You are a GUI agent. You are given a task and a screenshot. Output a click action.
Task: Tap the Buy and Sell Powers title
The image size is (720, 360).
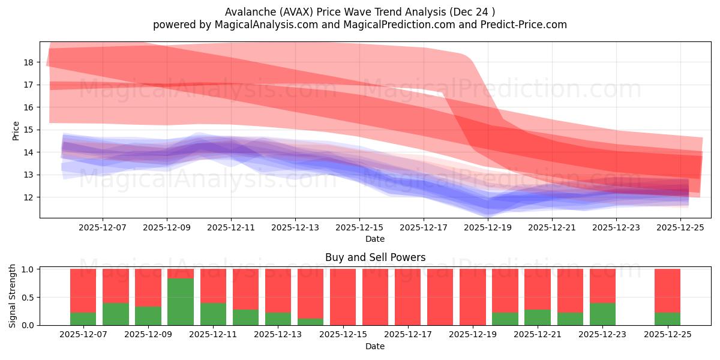pos(375,257)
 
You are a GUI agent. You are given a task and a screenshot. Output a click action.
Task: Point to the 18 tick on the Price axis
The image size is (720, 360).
pos(29,62)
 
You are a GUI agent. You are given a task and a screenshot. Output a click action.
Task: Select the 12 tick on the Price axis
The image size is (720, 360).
pos(29,197)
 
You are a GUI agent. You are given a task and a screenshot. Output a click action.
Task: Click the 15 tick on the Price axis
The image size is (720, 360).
pos(29,130)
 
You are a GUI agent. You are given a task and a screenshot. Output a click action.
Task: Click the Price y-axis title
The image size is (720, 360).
pos(16,130)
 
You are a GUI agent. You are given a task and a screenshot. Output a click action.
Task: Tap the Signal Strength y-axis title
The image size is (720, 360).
pos(13,296)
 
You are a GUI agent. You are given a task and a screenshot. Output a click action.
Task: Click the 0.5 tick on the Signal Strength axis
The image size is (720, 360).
pos(27,298)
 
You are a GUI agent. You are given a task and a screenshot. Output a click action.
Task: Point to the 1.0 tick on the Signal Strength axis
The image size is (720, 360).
pos(27,269)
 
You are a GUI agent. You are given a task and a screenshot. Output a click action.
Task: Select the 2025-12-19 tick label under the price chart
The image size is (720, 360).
pos(487,228)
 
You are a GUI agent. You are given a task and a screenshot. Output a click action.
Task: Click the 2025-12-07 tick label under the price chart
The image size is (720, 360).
pos(102,228)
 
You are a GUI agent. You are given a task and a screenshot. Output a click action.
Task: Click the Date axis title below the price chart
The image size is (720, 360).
pos(375,239)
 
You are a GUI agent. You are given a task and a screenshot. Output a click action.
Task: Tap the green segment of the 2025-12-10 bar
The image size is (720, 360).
pos(181,302)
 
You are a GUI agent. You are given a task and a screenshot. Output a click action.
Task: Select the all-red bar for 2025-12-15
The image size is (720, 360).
pos(343,297)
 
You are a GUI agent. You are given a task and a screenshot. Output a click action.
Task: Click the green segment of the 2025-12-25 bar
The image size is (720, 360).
pos(667,319)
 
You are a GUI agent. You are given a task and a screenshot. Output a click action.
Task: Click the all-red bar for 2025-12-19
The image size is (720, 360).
pos(473,297)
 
